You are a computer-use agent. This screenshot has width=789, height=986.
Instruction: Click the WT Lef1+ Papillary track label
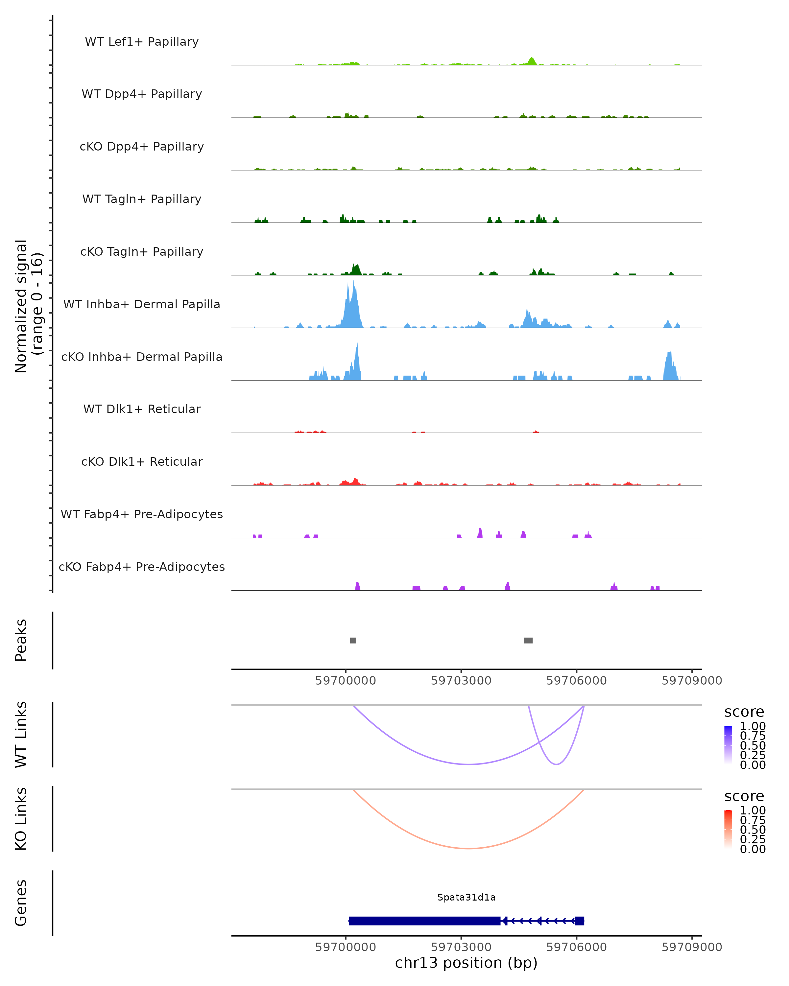tap(142, 42)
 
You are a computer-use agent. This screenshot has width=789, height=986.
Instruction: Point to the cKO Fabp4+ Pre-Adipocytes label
tap(142, 567)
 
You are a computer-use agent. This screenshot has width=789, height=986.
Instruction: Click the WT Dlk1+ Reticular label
tap(142, 409)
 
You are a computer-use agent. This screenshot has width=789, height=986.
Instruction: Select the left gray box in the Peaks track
tap(353, 640)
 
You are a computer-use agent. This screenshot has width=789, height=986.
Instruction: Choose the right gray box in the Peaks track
tap(528, 640)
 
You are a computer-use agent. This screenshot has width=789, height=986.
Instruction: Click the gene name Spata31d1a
tap(466, 897)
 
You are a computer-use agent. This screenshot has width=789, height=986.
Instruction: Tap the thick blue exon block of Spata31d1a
tap(424, 921)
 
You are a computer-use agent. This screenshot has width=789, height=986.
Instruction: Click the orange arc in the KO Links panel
tap(468, 848)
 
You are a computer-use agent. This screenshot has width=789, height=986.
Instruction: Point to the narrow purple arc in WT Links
tap(556, 764)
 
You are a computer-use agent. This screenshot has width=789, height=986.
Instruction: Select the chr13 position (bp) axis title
tap(466, 963)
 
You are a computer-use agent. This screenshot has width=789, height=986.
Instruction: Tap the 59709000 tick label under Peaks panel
tap(692, 681)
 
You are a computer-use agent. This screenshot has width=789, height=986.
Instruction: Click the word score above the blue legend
tap(744, 712)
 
